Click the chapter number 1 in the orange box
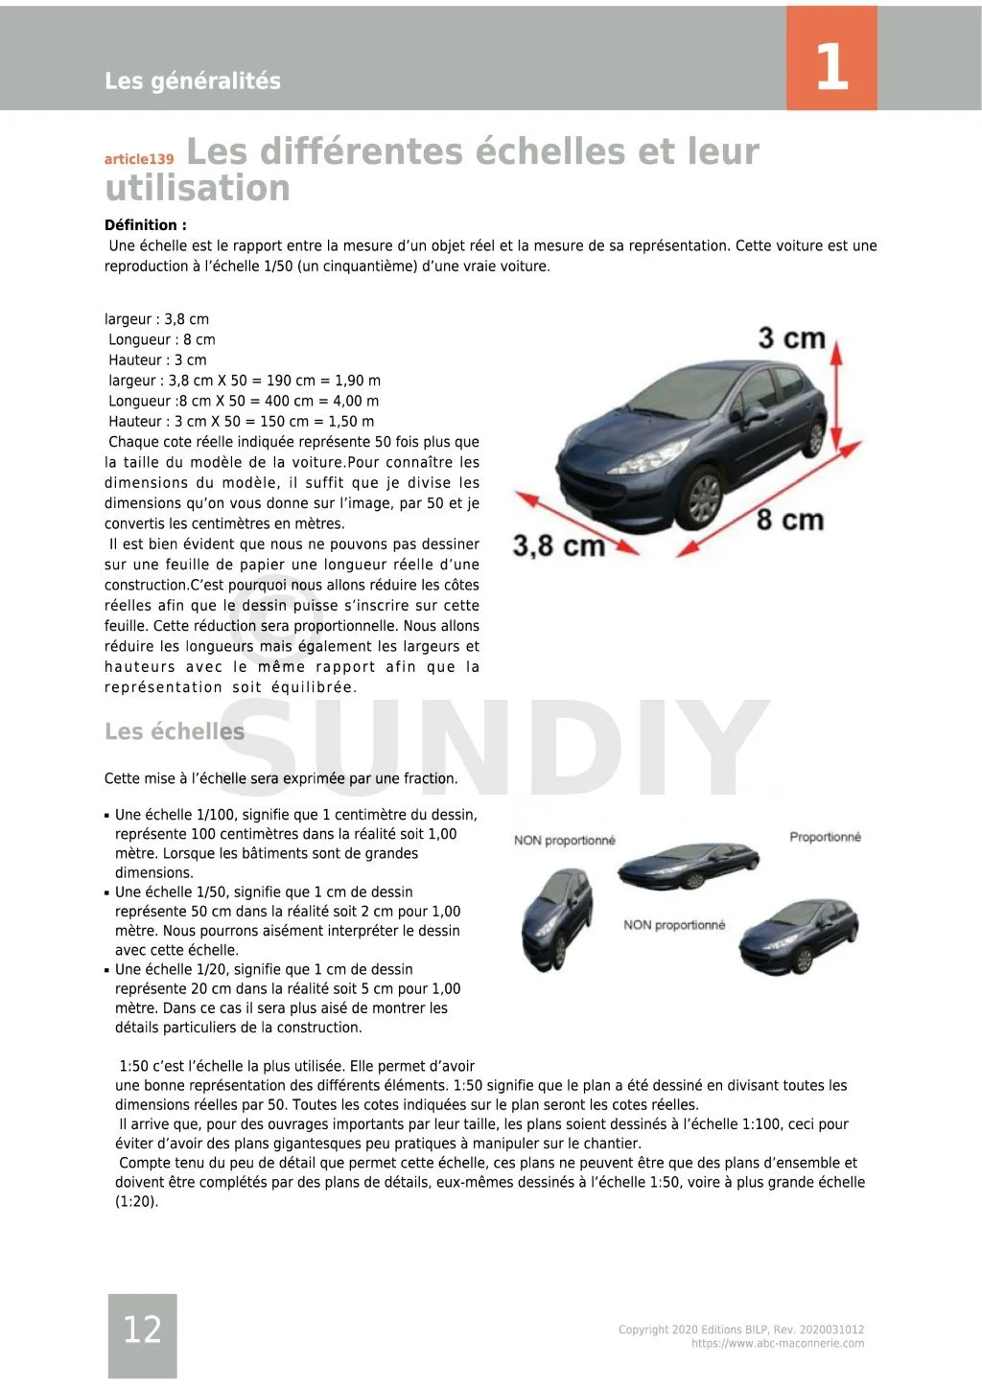[x=831, y=66]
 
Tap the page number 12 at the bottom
[x=142, y=1329]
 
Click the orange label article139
[x=139, y=159]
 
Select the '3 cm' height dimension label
[x=791, y=338]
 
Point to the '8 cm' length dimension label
[x=789, y=520]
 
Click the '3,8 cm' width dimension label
[x=558, y=545]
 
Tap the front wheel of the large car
[x=704, y=497]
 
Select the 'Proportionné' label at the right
[x=825, y=837]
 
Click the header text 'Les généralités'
[x=193, y=81]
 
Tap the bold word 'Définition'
[x=145, y=225]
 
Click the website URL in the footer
[x=778, y=1344]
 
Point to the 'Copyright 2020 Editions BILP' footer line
[x=741, y=1330]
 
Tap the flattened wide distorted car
[x=675, y=865]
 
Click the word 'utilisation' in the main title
[x=198, y=188]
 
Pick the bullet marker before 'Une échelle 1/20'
[x=107, y=970]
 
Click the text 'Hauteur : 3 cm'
[x=157, y=360]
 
